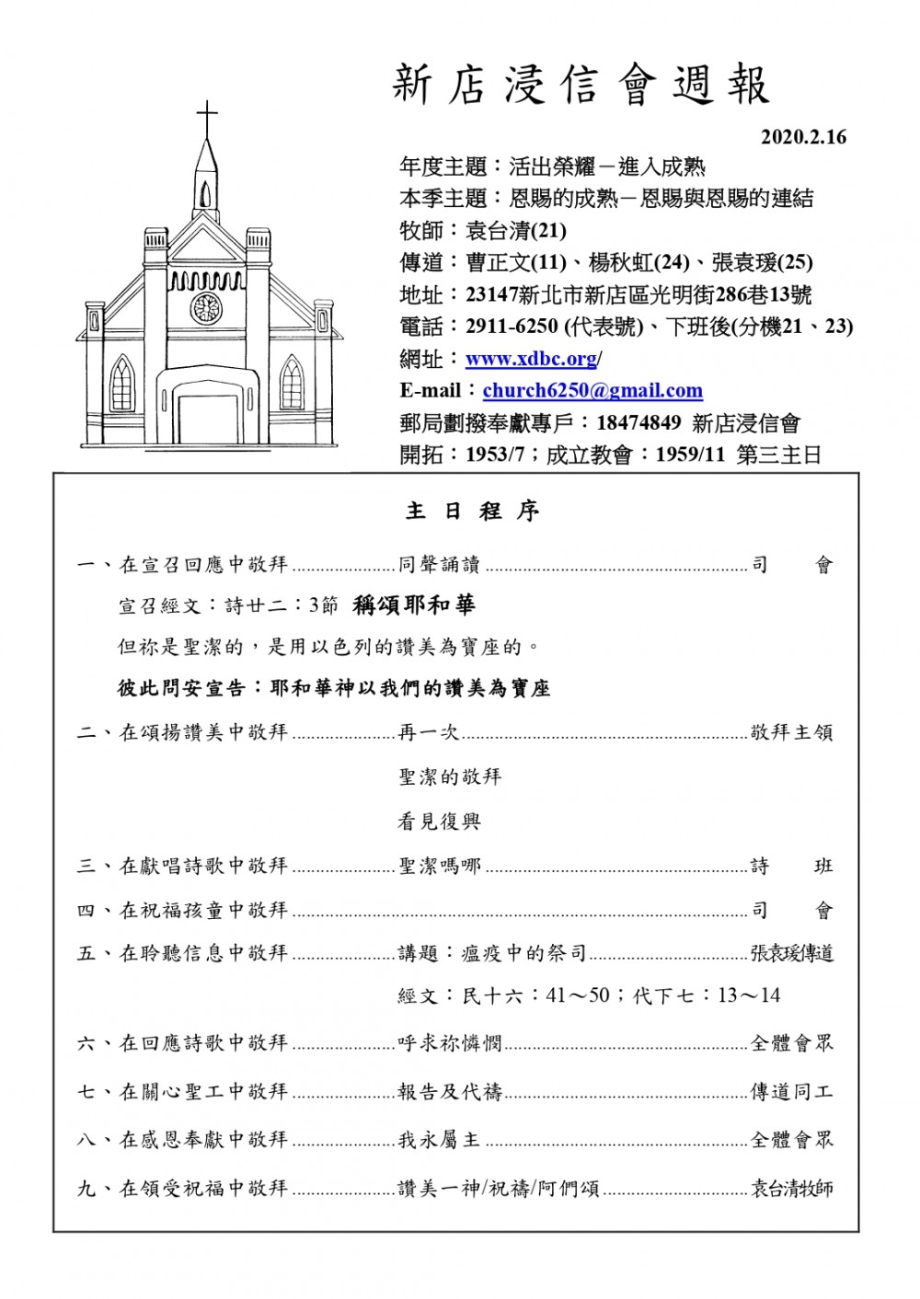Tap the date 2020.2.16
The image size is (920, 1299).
802,137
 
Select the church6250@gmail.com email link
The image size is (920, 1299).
592,390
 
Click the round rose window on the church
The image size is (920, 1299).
206,307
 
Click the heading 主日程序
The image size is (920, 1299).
472,512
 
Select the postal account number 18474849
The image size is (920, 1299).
638,422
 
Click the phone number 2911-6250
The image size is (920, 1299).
512,327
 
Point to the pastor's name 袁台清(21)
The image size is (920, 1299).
516,230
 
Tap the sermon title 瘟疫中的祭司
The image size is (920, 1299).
523,953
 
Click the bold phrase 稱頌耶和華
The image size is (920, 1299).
414,604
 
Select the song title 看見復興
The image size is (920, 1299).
439,821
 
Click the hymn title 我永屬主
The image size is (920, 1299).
439,1140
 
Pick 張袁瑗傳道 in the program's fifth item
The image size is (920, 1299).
791,953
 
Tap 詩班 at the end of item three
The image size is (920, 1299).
791,866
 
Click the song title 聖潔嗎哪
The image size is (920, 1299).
440,866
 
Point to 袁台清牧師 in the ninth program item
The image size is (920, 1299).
791,1188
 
